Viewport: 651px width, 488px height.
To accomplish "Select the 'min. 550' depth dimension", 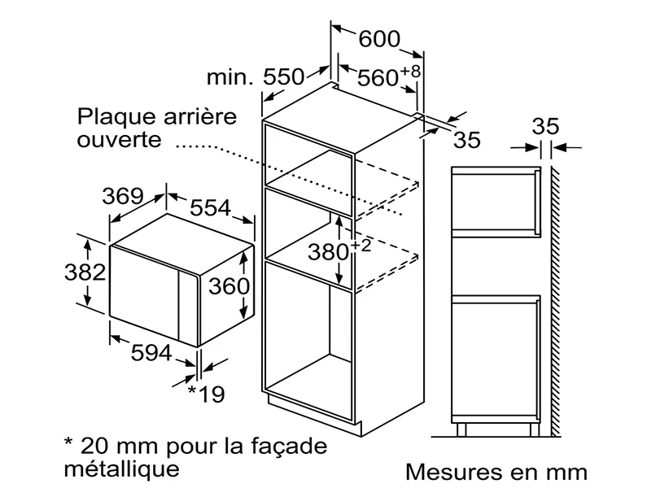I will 255,77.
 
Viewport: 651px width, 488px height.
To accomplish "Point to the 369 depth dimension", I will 123,197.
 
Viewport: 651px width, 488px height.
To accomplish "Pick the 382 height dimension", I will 85,271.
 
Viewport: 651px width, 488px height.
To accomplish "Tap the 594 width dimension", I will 151,353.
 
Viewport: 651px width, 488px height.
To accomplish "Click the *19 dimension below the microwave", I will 206,394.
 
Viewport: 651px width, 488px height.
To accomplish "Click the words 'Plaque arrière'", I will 157,116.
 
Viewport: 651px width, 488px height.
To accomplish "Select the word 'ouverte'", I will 119,139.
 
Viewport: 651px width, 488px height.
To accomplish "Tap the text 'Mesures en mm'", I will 496,471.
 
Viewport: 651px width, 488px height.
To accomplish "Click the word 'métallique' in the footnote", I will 120,469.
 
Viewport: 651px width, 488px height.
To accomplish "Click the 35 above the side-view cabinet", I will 546,126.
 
